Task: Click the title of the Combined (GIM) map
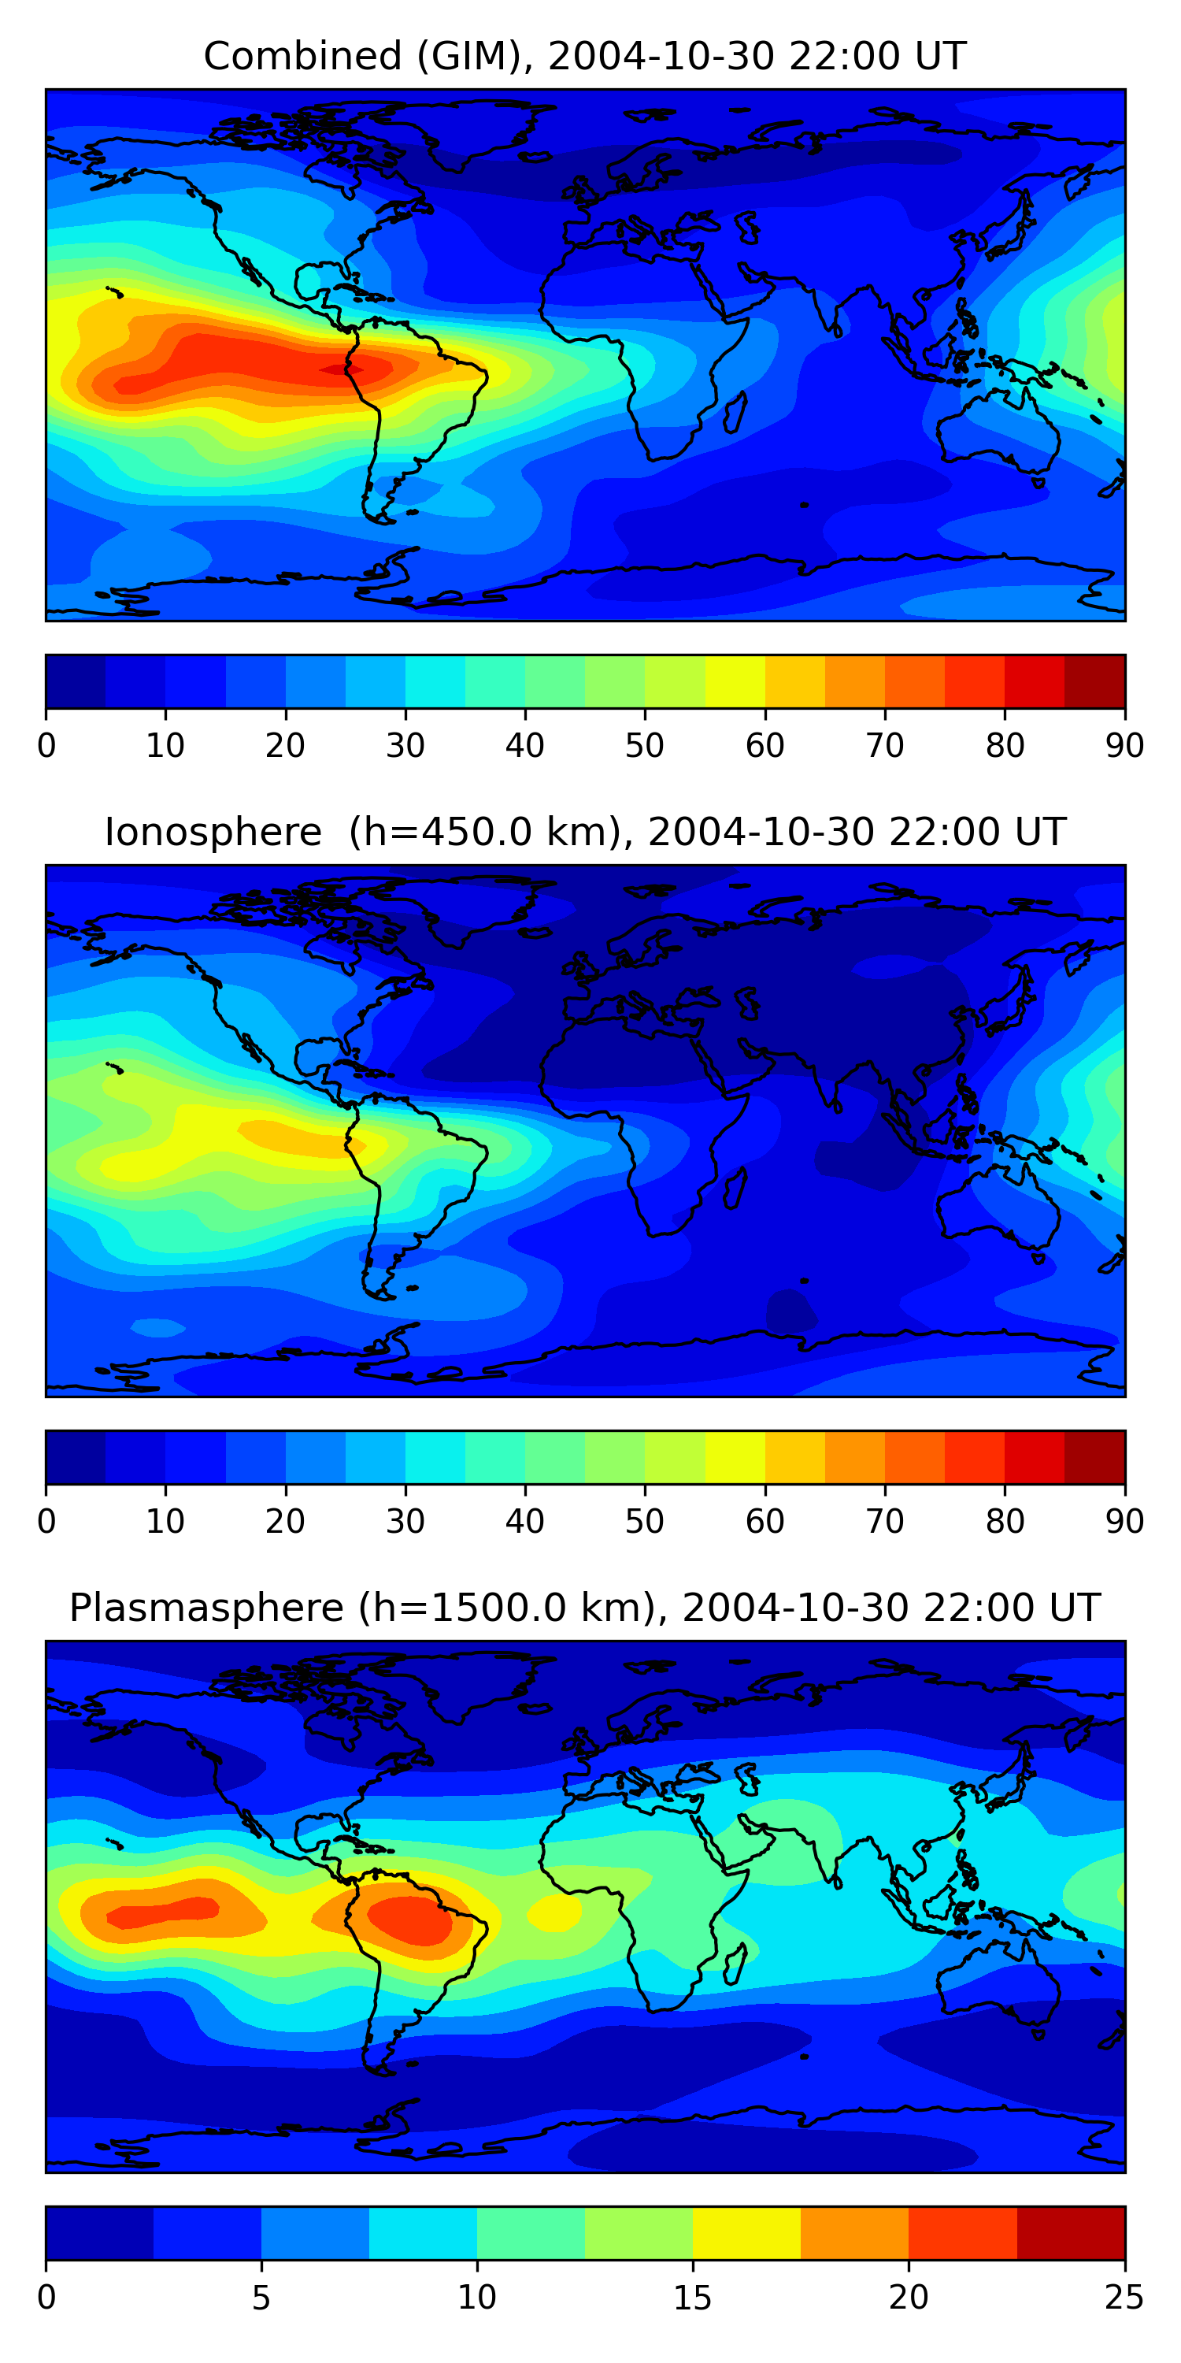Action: pyautogui.click(x=584, y=56)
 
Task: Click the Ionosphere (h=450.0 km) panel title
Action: pyautogui.click(x=584, y=832)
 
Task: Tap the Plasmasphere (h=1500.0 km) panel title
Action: pyautogui.click(x=584, y=1608)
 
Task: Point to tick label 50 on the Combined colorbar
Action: pyautogui.click(x=645, y=746)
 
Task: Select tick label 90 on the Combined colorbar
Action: pyautogui.click(x=1124, y=746)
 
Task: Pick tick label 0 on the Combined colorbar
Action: pyautogui.click(x=46, y=746)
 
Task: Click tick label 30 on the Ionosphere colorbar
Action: pyautogui.click(x=405, y=1522)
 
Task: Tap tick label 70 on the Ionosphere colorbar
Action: pyautogui.click(x=885, y=1522)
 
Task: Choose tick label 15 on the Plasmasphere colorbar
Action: pyautogui.click(x=692, y=2298)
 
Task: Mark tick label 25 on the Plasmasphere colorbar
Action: pyautogui.click(x=1124, y=2298)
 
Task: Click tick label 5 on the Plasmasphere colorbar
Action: pyautogui.click(x=261, y=2298)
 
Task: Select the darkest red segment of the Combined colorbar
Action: pyautogui.click(x=1095, y=681)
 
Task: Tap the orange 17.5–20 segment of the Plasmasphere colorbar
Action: pyautogui.click(x=854, y=2234)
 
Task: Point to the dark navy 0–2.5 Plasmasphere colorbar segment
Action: pyautogui.click(x=100, y=2234)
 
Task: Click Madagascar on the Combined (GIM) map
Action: pyautogui.click(x=735, y=413)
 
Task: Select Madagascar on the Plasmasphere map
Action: pyautogui.click(x=735, y=1964)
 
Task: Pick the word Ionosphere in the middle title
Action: pyautogui.click(x=213, y=832)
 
